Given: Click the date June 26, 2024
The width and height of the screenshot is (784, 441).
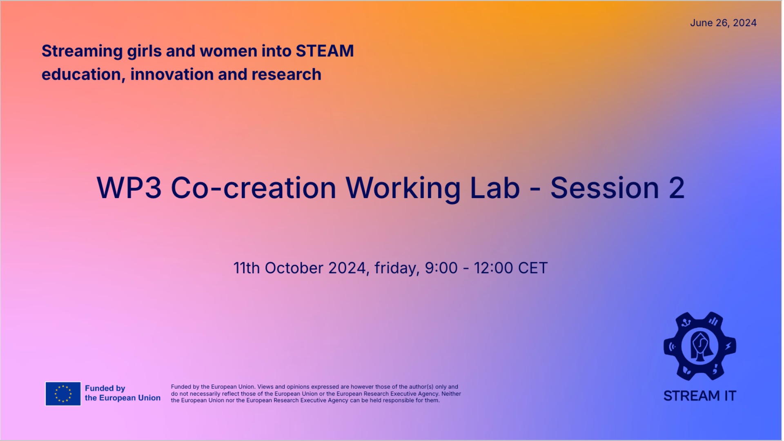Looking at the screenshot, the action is tap(723, 23).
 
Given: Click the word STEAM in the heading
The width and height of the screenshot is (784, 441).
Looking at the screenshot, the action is tap(325, 51).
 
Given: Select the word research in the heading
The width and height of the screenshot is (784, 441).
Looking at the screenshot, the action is tap(286, 75).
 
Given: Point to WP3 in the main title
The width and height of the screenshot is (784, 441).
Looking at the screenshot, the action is tap(129, 188).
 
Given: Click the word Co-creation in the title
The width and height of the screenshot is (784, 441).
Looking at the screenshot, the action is tap(253, 188).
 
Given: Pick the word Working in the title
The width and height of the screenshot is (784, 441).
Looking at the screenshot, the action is tap(403, 189).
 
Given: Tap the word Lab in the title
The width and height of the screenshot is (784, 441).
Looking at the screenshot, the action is tap(495, 188).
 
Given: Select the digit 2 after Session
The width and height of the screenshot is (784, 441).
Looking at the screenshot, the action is tap(677, 188).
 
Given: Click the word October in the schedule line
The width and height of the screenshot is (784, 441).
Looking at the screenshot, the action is tap(294, 268).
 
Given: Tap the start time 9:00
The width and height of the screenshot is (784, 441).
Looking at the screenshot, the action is tap(441, 268).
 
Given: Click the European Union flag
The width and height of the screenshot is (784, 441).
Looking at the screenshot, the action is tap(63, 394).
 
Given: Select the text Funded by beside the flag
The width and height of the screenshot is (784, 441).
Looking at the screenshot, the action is tap(105, 388).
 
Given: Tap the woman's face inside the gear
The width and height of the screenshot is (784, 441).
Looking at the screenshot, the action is tap(700, 345).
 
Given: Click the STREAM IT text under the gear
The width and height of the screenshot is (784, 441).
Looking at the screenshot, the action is tap(700, 396).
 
